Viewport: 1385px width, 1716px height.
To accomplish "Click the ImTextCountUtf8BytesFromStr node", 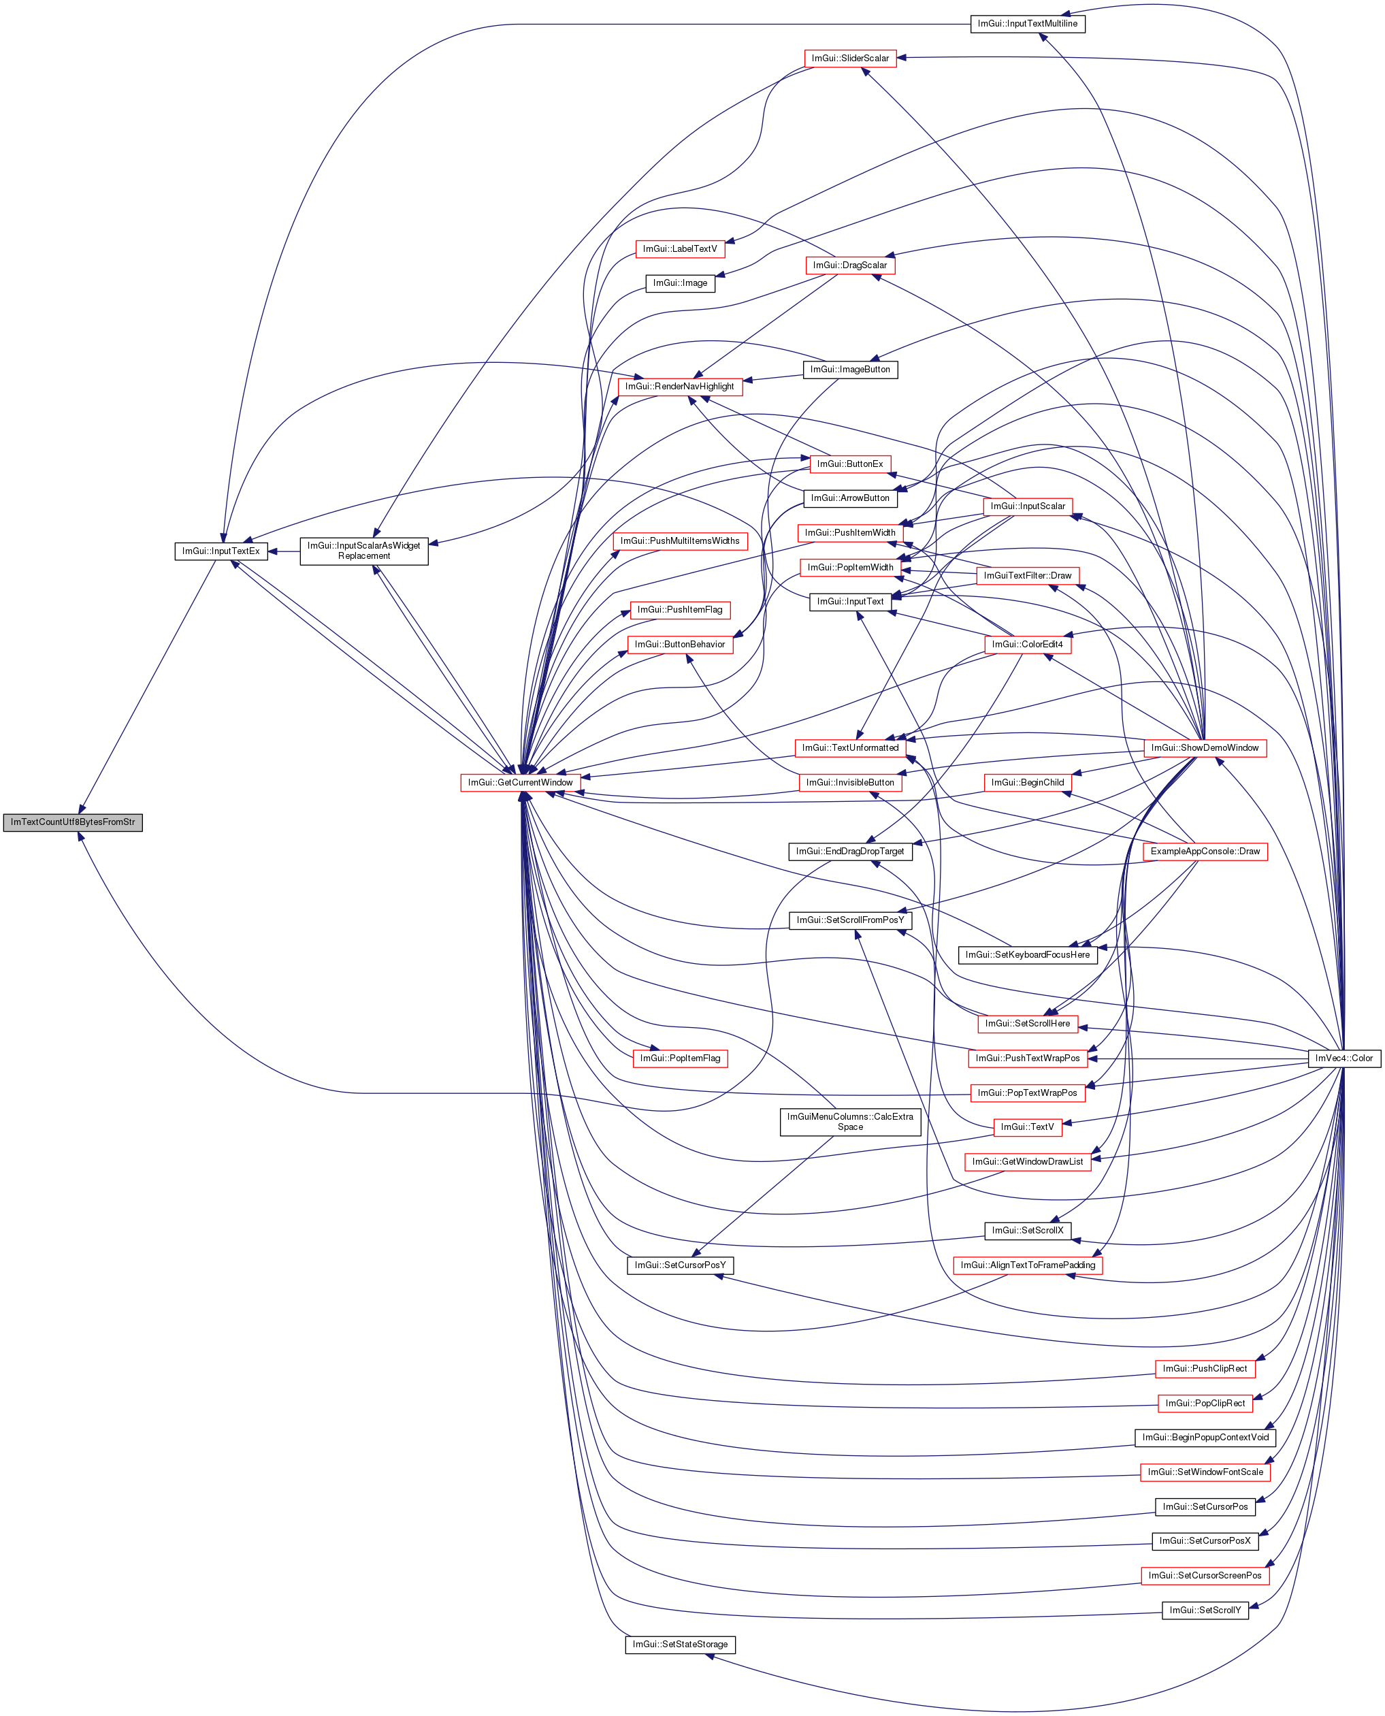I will click(73, 822).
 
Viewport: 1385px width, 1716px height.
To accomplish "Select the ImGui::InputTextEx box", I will click(221, 551).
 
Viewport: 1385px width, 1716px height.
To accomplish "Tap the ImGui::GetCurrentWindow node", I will click(520, 783).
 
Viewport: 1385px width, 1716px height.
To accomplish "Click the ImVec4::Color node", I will click(1344, 1058).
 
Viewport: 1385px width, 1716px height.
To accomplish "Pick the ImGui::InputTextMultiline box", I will click(1028, 24).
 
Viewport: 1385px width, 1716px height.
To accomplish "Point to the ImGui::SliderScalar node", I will click(849, 59).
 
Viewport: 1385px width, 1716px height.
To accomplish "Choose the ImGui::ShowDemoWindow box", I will click(1205, 747).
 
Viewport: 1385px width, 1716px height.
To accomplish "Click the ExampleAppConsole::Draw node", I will click(1205, 852).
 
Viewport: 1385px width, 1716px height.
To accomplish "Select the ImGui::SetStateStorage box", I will click(680, 1645).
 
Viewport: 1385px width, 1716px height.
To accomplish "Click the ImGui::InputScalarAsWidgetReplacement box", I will click(364, 551).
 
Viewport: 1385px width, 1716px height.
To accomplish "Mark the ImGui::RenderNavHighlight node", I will click(680, 387).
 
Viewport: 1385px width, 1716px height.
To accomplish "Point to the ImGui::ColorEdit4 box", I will click(1028, 645).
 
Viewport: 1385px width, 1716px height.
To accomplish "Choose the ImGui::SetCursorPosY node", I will click(680, 1265).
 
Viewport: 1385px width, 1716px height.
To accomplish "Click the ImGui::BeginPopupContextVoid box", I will click(1205, 1438).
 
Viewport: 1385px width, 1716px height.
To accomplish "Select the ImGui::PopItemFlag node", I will click(680, 1058).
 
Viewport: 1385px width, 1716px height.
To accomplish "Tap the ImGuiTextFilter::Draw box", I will click(1028, 576).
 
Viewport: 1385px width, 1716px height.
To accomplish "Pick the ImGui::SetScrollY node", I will click(1205, 1610).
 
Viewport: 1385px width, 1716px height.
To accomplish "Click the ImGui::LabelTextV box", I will click(680, 249).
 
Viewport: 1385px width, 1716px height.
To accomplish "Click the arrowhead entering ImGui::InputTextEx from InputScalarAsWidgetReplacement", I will click(273, 551).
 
